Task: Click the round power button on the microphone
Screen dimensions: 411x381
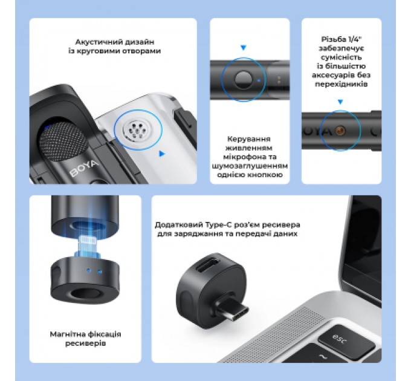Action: coord(243,80)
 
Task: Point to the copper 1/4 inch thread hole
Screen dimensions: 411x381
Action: coord(340,131)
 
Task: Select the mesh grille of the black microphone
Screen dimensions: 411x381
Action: coord(62,141)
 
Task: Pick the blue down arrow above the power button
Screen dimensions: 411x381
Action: coord(244,47)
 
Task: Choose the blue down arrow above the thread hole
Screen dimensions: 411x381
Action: coord(340,102)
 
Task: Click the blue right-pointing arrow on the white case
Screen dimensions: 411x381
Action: coord(162,154)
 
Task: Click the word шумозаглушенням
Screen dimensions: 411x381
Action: coord(250,166)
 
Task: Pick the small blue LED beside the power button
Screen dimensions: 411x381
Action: coord(259,80)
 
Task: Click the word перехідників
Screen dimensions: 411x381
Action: coord(341,84)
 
